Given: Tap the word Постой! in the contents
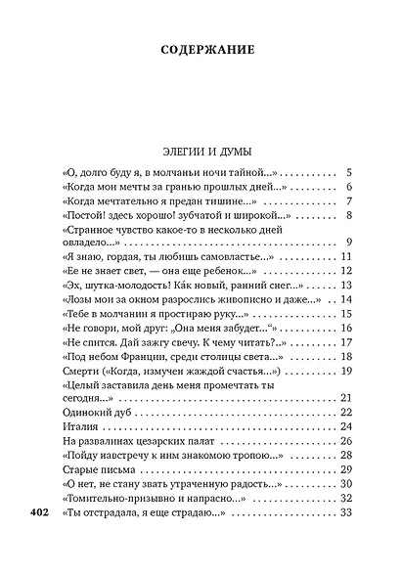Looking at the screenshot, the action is tap(86, 215).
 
